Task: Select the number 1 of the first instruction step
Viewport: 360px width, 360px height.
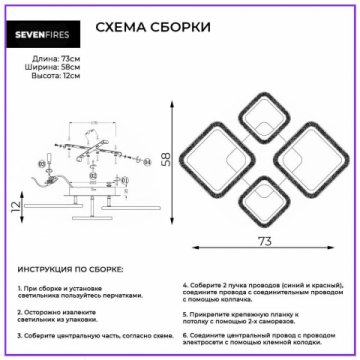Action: click(x=19, y=286)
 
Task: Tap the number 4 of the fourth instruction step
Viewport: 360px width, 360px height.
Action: click(x=186, y=284)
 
